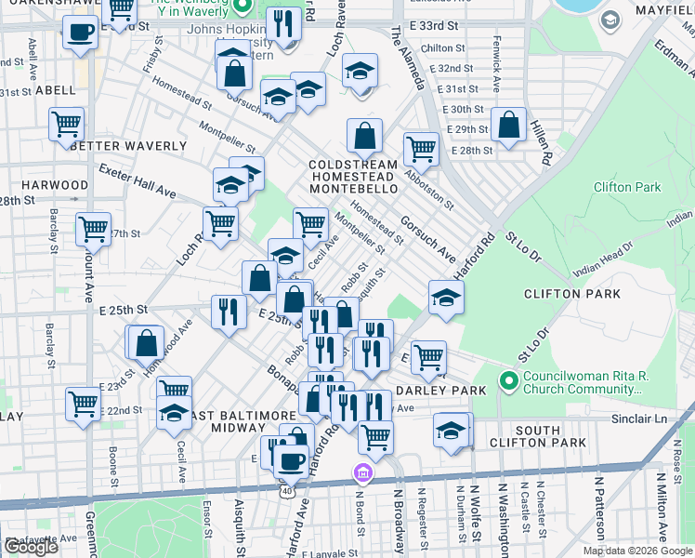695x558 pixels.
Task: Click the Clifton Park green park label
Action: [627, 187]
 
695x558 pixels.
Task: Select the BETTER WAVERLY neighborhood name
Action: [128, 146]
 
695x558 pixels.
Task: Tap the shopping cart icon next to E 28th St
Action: [421, 147]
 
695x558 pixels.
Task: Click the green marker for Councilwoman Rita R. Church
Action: [508, 380]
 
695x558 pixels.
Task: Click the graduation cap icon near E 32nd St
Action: [360, 71]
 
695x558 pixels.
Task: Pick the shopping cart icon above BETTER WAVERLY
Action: [66, 123]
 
